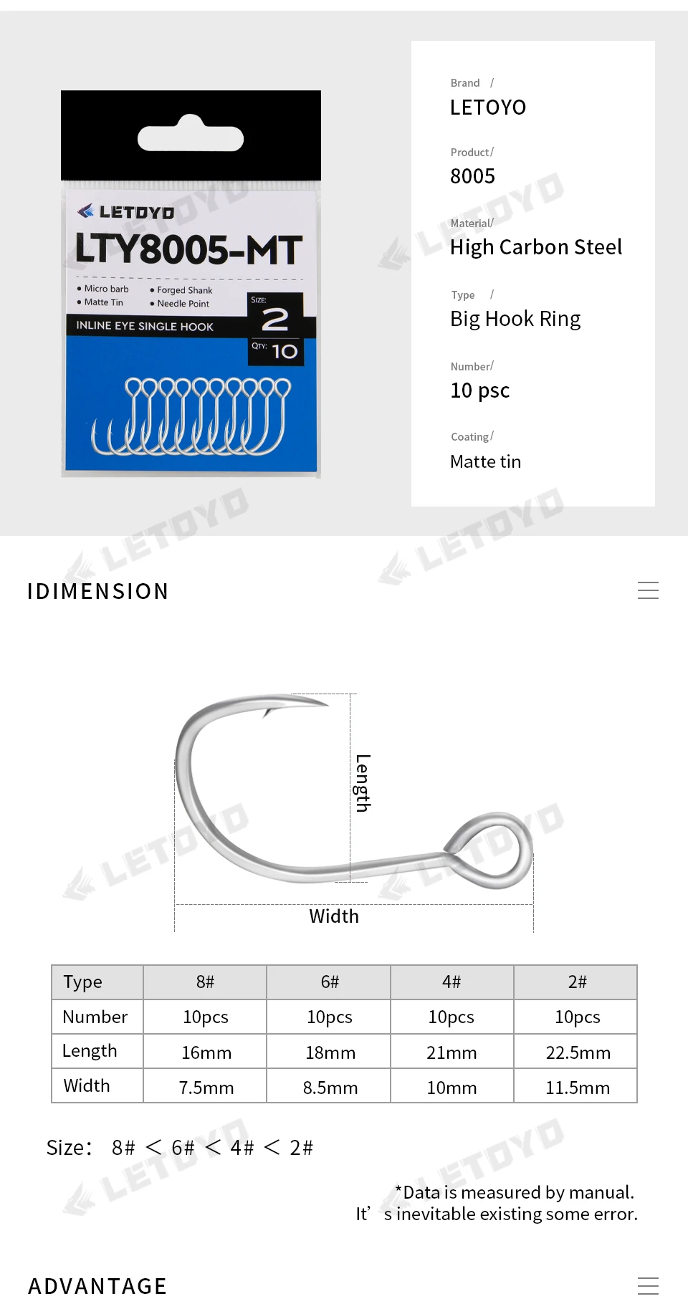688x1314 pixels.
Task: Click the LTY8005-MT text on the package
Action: pos(188,249)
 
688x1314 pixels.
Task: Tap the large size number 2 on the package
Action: pos(275,320)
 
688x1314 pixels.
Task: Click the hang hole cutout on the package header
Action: pos(191,134)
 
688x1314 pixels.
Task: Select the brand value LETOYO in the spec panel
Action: pos(488,107)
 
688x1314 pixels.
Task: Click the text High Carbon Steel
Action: pos(536,247)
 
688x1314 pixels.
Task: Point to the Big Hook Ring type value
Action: pos(515,319)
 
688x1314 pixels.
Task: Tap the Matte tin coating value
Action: pos(485,461)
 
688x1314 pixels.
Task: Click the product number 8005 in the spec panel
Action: pos(472,176)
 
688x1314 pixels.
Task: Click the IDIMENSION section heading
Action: pos(97,591)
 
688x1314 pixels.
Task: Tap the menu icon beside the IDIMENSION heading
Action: pos(648,590)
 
